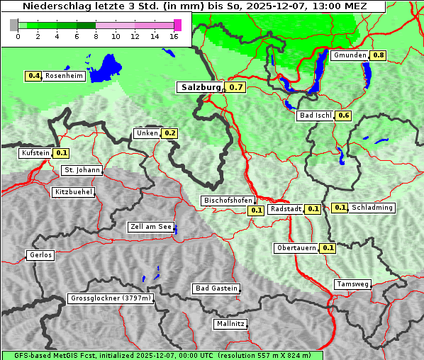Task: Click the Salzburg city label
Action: [201, 88]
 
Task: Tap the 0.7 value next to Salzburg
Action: [236, 88]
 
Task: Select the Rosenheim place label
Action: [64, 76]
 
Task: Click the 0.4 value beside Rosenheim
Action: [33, 76]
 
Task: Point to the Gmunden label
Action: [350, 55]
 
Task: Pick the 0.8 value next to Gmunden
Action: [379, 55]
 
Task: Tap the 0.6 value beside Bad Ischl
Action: [344, 116]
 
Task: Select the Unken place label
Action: [147, 133]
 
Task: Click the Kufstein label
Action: [35, 153]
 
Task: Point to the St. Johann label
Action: [82, 170]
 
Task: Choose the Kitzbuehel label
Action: [73, 192]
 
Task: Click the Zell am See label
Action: [150, 227]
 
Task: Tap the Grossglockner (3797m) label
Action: [111, 299]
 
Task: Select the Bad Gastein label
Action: [216, 288]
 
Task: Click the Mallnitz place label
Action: [230, 324]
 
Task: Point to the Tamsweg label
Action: [352, 284]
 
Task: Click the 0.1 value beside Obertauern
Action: [328, 248]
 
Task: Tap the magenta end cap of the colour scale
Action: [177, 25]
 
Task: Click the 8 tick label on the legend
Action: [96, 35]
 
